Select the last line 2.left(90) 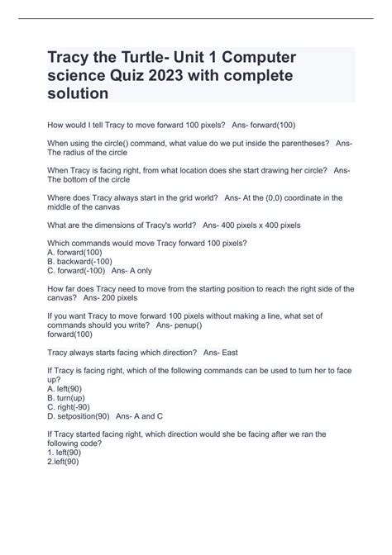(x=66, y=462)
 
